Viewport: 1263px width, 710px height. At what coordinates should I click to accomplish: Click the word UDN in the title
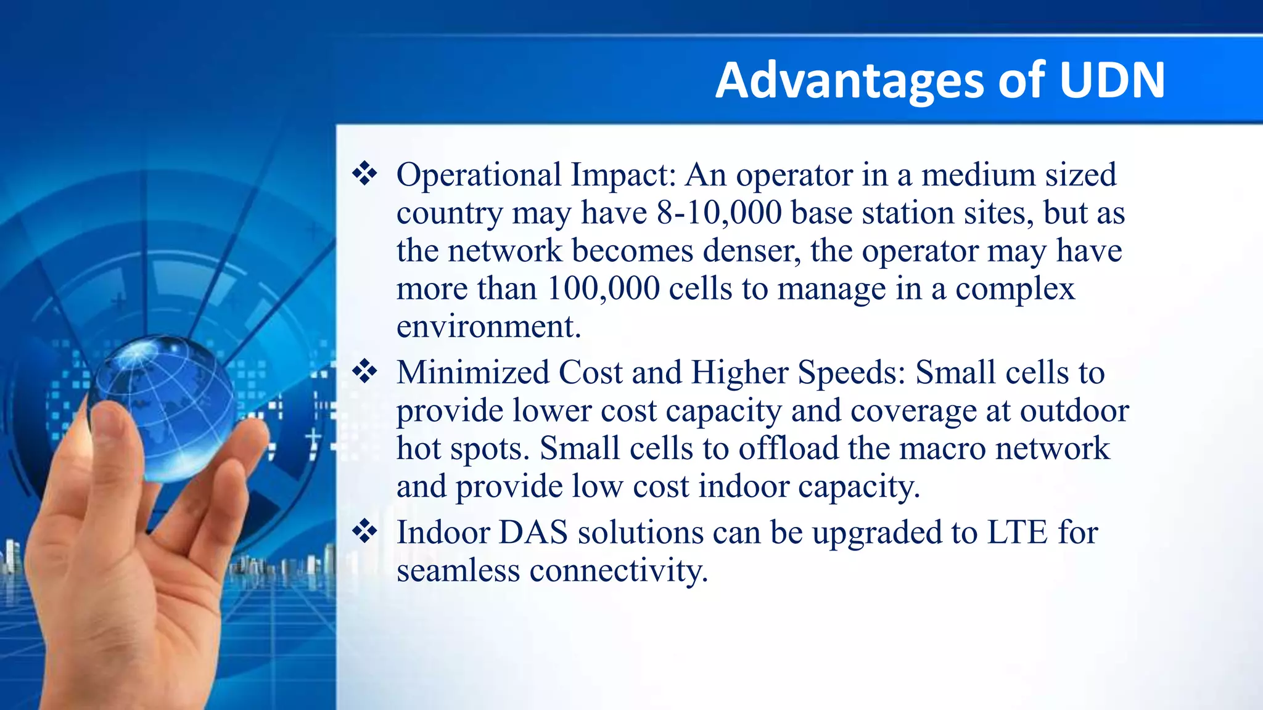click(x=1112, y=80)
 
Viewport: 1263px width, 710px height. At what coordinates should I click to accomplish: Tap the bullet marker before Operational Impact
click(x=364, y=174)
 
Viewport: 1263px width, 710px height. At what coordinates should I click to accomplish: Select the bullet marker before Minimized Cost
click(x=364, y=372)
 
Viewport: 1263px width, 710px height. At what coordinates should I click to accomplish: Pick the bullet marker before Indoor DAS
click(x=364, y=531)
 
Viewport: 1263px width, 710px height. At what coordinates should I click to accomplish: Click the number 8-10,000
click(x=719, y=213)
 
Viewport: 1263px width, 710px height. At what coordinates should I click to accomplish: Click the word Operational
click(x=479, y=175)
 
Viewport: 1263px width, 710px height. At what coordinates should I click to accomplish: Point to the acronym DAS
click(x=533, y=532)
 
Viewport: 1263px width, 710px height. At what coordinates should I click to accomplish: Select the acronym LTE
click(x=1017, y=532)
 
